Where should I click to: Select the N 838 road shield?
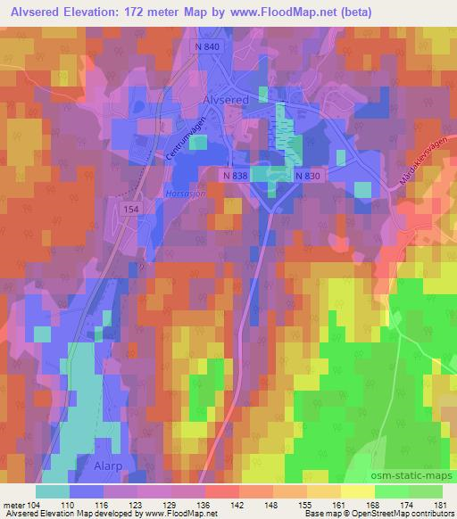click(x=236, y=176)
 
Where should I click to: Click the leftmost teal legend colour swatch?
click(x=53, y=490)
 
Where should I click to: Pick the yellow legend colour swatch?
click(x=358, y=490)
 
